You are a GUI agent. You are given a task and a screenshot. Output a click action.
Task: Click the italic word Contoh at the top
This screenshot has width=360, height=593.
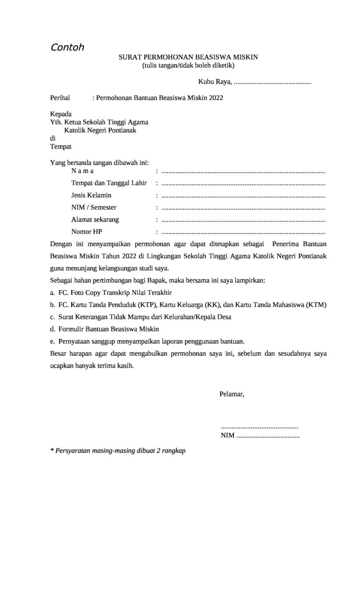(67, 47)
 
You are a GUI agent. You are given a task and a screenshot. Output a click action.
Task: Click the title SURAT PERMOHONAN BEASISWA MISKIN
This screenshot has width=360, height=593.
(188, 58)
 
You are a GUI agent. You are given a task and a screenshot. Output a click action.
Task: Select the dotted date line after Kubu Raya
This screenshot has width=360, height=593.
(272, 82)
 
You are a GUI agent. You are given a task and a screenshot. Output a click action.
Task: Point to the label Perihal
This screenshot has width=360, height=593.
(60, 98)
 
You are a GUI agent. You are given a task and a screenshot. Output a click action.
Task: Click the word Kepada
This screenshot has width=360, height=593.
(61, 114)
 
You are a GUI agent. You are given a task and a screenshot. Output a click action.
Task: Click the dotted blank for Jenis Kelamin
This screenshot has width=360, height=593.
(243, 195)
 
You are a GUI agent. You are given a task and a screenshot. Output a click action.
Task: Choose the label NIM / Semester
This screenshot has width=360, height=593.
(94, 207)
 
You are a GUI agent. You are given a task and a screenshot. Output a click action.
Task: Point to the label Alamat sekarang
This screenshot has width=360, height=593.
(95, 219)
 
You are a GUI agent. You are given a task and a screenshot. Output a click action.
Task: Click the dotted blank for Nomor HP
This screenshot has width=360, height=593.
(243, 232)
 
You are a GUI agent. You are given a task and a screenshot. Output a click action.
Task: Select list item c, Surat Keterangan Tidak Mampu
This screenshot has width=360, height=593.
(141, 317)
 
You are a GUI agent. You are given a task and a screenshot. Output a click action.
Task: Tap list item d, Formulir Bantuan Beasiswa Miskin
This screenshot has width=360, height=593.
(105, 329)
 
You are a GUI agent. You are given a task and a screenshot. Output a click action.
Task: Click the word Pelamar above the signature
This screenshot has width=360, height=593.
(232, 394)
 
